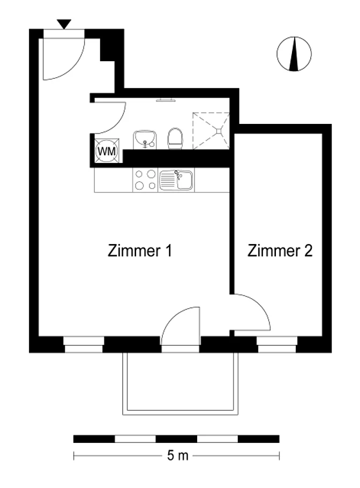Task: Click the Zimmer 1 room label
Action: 140,250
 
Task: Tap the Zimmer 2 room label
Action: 280,250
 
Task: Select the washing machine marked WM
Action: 107,151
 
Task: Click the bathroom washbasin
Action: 145,140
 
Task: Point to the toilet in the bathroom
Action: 175,138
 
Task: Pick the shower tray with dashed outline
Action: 211,131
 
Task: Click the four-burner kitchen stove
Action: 145,180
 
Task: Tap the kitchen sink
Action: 176,180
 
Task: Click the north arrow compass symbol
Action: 294,54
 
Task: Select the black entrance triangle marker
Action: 64,24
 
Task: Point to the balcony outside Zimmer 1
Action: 181,384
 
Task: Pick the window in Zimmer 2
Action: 276,344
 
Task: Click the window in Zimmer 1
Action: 84,344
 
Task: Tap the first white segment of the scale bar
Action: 135,439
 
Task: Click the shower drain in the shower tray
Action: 220,131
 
